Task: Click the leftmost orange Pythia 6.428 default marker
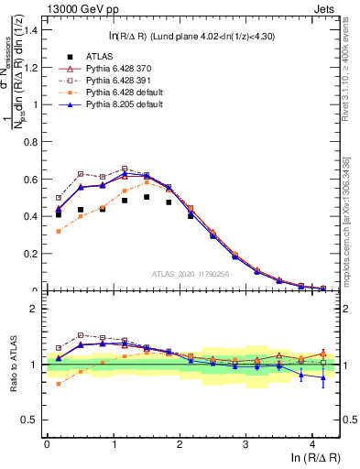(58, 231)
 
